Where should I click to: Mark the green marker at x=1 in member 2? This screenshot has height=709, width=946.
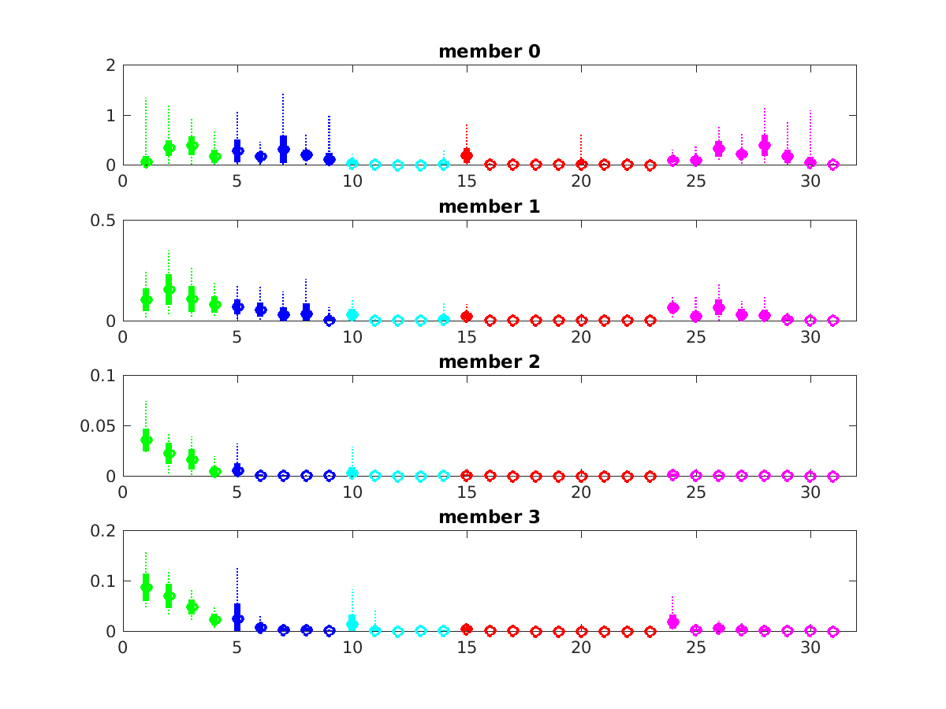[146, 440]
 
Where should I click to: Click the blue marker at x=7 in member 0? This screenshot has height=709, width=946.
[284, 149]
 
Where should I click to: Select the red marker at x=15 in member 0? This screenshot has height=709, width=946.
[467, 155]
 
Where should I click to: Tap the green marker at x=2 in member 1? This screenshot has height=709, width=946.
[169, 289]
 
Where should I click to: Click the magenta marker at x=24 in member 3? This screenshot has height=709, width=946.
[673, 622]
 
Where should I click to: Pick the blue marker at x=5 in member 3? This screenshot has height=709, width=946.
[237, 618]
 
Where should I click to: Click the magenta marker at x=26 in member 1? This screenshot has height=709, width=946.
[719, 306]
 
